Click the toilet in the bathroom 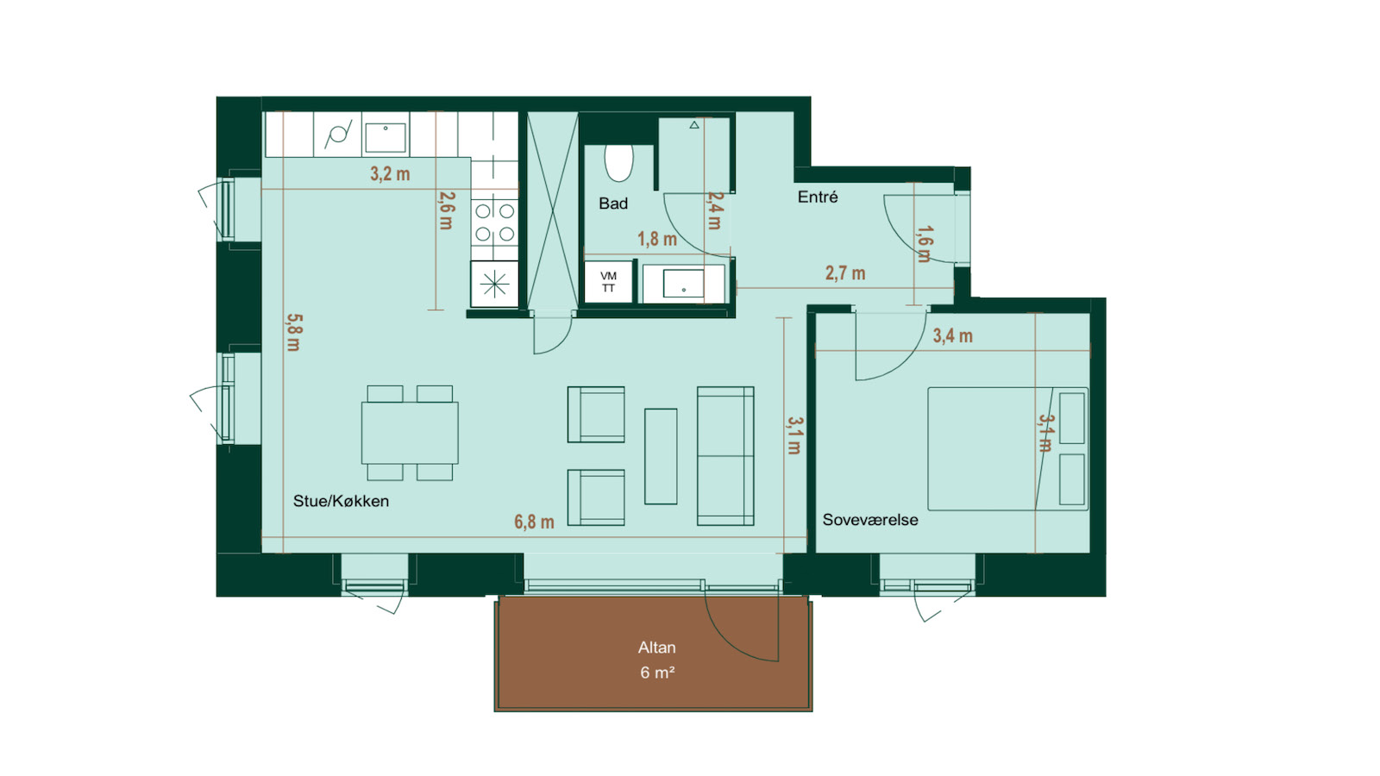pos(618,163)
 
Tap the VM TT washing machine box pos(609,282)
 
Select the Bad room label pos(613,203)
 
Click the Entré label pos(818,197)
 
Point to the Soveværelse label pos(870,520)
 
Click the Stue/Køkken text pos(341,501)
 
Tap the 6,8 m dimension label pos(534,523)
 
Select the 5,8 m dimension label pos(294,333)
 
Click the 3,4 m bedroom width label pos(952,336)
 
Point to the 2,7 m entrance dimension pos(845,272)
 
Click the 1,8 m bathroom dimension pos(656,239)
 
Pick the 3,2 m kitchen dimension pos(390,174)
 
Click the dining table pos(410,432)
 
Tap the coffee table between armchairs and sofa pos(661,456)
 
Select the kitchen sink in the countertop pos(386,137)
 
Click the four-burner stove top pos(495,223)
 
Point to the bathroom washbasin pos(683,284)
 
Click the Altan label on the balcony pos(656,648)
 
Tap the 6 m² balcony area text pos(657,672)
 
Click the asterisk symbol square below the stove pos(495,284)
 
